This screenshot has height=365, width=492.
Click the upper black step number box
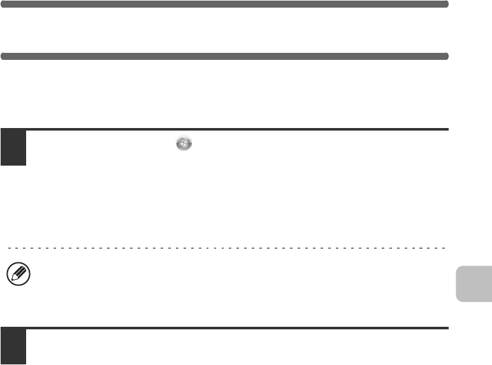pyautogui.click(x=13, y=148)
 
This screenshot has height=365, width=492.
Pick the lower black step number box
pyautogui.click(x=13, y=347)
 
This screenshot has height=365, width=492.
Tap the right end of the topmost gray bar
pyautogui.click(x=447, y=4)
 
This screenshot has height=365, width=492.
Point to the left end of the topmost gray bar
pyautogui.click(x=3, y=4)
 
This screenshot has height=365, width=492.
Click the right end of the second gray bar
pyautogui.click(x=447, y=56)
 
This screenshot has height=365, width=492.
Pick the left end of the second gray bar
pyautogui.click(x=3, y=56)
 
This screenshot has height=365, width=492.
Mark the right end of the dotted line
pyautogui.click(x=445, y=247)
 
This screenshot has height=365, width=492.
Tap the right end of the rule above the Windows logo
pyautogui.click(x=447, y=129)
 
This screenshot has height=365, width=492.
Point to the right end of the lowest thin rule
pyautogui.click(x=447, y=328)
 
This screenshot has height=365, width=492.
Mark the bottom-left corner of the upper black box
pyautogui.click(x=1, y=164)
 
